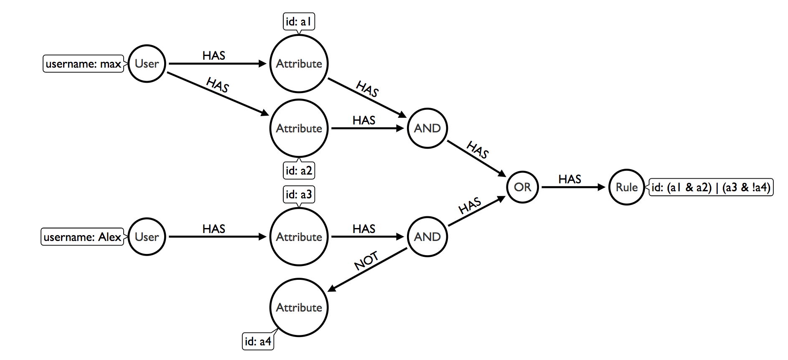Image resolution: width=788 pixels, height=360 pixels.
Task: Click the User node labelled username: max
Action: pyautogui.click(x=147, y=63)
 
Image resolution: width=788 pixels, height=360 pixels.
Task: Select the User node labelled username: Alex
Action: pyautogui.click(x=147, y=237)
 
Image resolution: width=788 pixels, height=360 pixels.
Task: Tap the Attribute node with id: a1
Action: pyautogui.click(x=299, y=63)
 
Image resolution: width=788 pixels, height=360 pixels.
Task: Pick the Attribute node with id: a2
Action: pyautogui.click(x=299, y=128)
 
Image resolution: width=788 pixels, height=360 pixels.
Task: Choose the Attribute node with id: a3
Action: pyautogui.click(x=299, y=237)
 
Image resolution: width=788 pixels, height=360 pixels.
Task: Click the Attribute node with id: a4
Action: pyautogui.click(x=299, y=307)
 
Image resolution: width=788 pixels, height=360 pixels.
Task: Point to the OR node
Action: pyautogui.click(x=522, y=187)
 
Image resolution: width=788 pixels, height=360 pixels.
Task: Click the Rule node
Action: pyautogui.click(x=626, y=187)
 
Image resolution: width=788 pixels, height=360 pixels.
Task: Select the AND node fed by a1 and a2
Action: pyautogui.click(x=427, y=128)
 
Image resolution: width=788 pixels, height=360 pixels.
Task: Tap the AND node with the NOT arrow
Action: pyautogui.click(x=427, y=237)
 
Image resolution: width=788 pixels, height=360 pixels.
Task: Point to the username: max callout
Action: pyautogui.click(x=83, y=64)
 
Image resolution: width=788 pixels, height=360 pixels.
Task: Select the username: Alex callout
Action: pyautogui.click(x=82, y=237)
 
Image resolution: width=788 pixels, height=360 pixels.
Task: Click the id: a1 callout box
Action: pyautogui.click(x=299, y=22)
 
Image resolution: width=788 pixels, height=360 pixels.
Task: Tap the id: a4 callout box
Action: pyautogui.click(x=258, y=342)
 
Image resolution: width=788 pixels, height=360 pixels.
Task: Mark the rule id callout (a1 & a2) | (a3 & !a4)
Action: pyautogui.click(x=710, y=187)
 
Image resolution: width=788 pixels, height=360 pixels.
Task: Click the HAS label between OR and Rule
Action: pyautogui.click(x=569, y=179)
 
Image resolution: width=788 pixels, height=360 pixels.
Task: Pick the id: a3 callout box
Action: pyautogui.click(x=299, y=195)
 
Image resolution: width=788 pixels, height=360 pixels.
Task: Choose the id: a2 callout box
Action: pyautogui.click(x=299, y=170)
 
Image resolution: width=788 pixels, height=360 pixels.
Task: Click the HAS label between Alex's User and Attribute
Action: pyautogui.click(x=214, y=229)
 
